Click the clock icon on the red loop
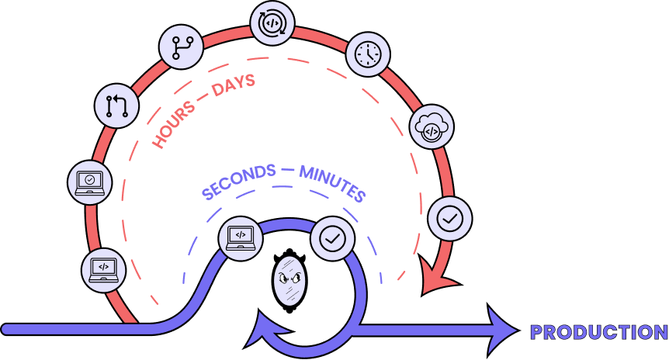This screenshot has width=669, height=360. point(367,54)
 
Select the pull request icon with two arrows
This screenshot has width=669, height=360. point(116,106)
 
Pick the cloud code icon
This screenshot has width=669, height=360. point(431,127)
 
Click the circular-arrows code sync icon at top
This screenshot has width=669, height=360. point(273,23)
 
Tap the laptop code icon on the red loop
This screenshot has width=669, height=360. point(103,269)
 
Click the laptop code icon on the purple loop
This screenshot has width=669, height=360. point(241,237)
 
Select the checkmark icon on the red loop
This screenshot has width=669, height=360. point(449,219)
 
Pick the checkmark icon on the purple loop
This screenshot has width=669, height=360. point(333,239)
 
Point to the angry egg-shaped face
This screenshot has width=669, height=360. point(289,280)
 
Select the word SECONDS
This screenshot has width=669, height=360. point(238,182)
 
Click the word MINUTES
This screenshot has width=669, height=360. point(332,183)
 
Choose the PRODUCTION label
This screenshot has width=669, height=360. point(598,333)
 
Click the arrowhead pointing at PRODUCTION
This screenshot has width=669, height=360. point(502,331)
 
